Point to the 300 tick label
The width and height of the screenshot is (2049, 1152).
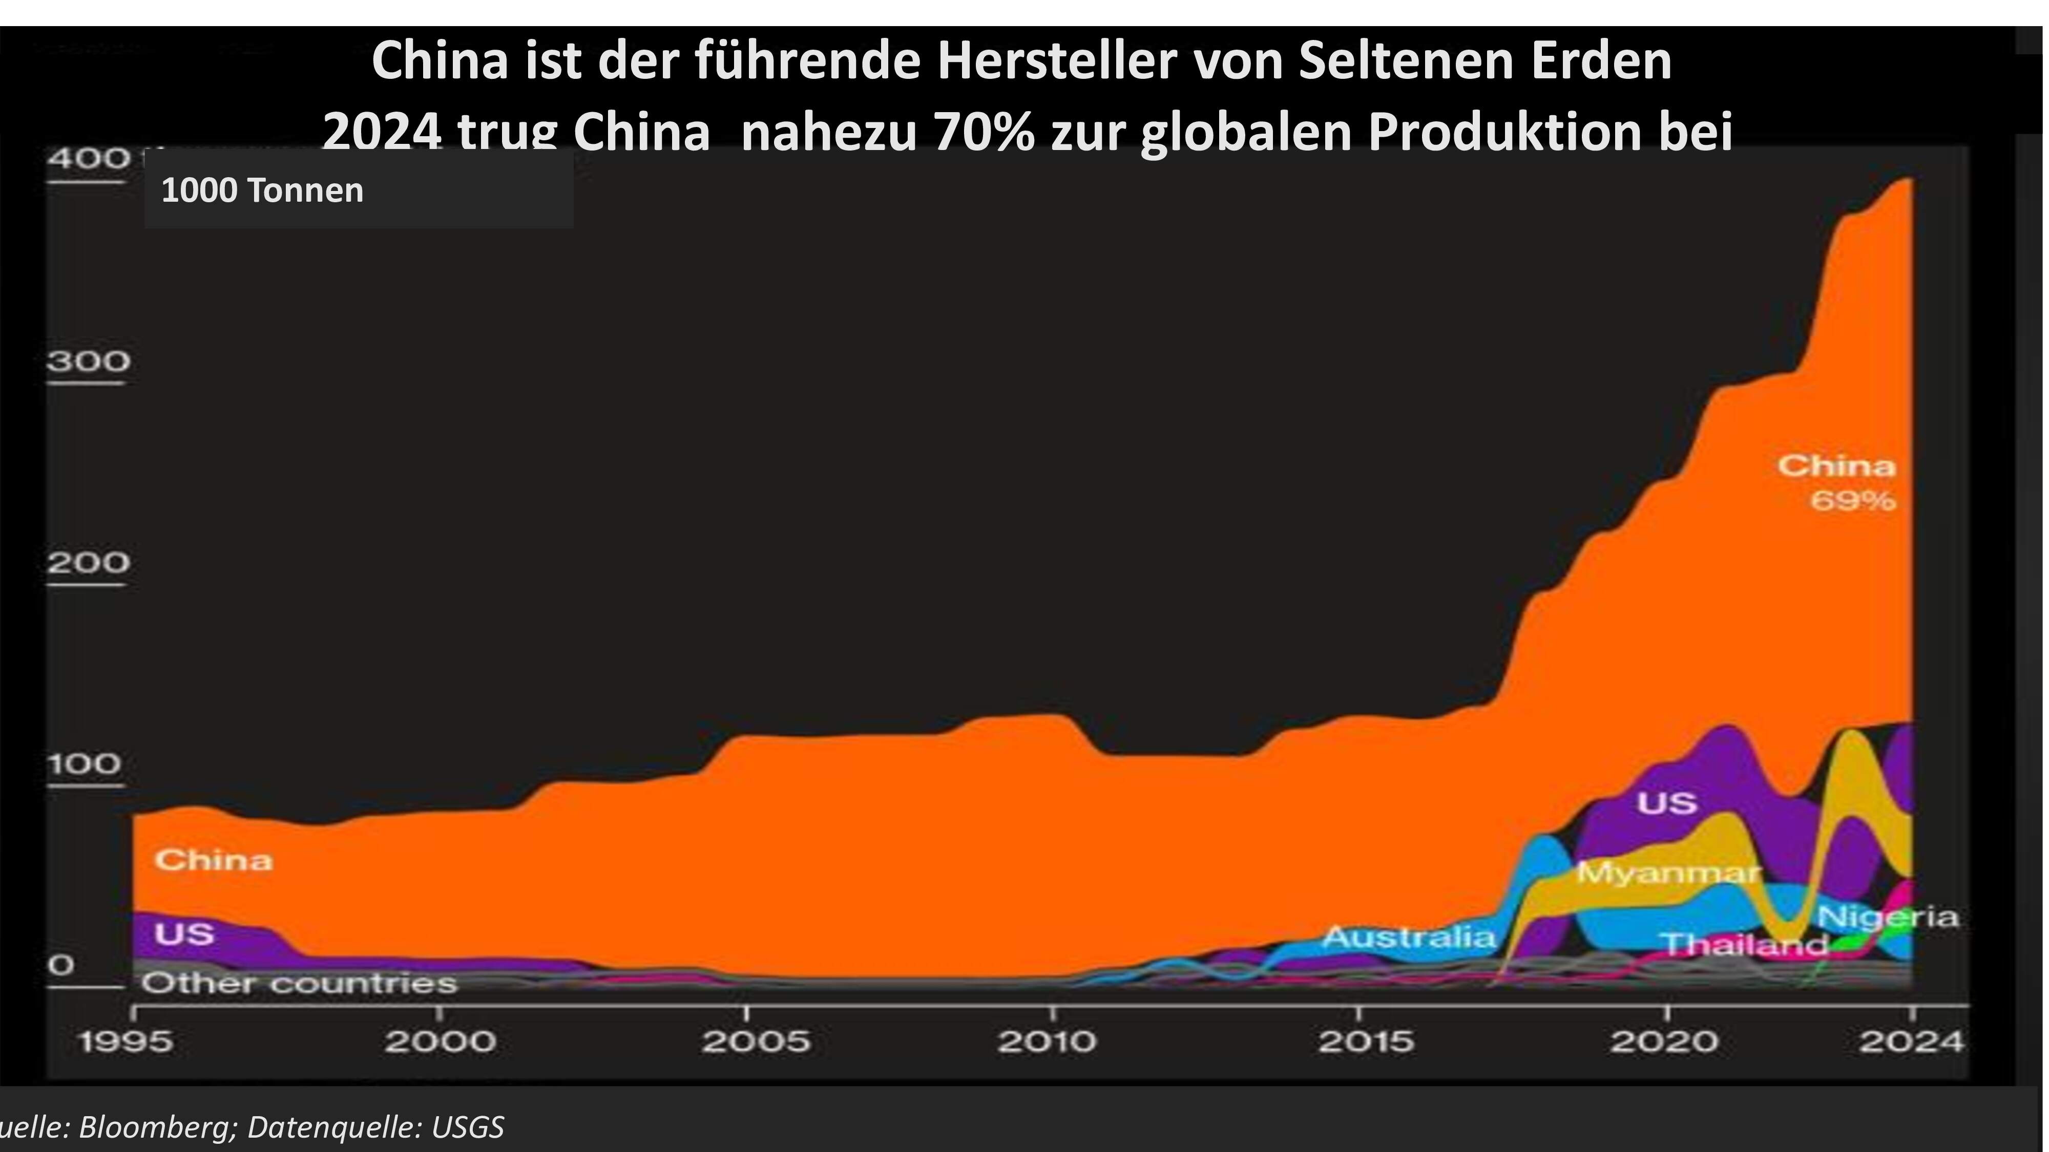[x=88, y=362]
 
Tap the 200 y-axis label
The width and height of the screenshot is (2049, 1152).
[x=88, y=563]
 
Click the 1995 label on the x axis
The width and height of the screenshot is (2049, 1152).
[x=127, y=1041]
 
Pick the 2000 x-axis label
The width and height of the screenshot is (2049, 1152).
[x=440, y=1041]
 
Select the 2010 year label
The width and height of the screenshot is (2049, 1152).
[x=1047, y=1041]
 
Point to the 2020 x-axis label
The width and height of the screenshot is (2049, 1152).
[x=1665, y=1041]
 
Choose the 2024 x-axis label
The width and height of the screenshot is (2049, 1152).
[x=1911, y=1041]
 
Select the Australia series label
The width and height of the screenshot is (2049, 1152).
[x=1409, y=938]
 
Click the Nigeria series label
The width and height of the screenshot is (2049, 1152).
[x=1888, y=918]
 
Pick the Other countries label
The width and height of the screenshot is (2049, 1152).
[x=299, y=984]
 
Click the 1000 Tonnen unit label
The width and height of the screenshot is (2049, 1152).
[x=262, y=191]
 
